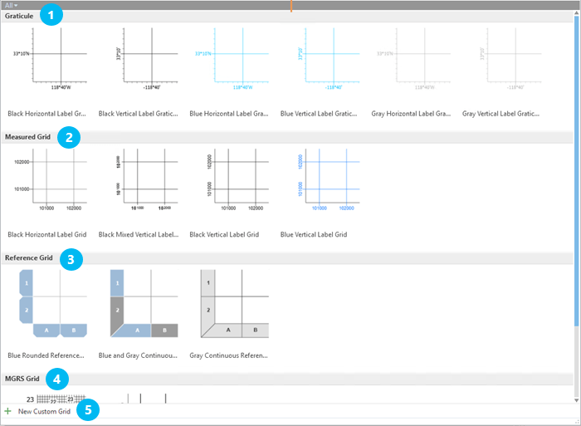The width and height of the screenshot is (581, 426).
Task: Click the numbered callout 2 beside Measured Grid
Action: point(70,137)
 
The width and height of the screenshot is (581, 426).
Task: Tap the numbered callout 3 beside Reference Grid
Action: point(71,259)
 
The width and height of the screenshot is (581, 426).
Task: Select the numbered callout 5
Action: point(87,410)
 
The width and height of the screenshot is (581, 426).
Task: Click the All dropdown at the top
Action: point(11,5)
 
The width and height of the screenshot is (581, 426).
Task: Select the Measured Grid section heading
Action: point(28,136)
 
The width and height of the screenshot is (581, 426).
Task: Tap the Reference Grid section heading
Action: point(29,258)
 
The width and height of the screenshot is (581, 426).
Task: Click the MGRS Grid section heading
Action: point(22,379)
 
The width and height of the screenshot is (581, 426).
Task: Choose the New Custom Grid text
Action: point(44,412)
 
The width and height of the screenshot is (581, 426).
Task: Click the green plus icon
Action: point(8,411)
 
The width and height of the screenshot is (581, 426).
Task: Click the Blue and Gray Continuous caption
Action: point(138,355)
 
